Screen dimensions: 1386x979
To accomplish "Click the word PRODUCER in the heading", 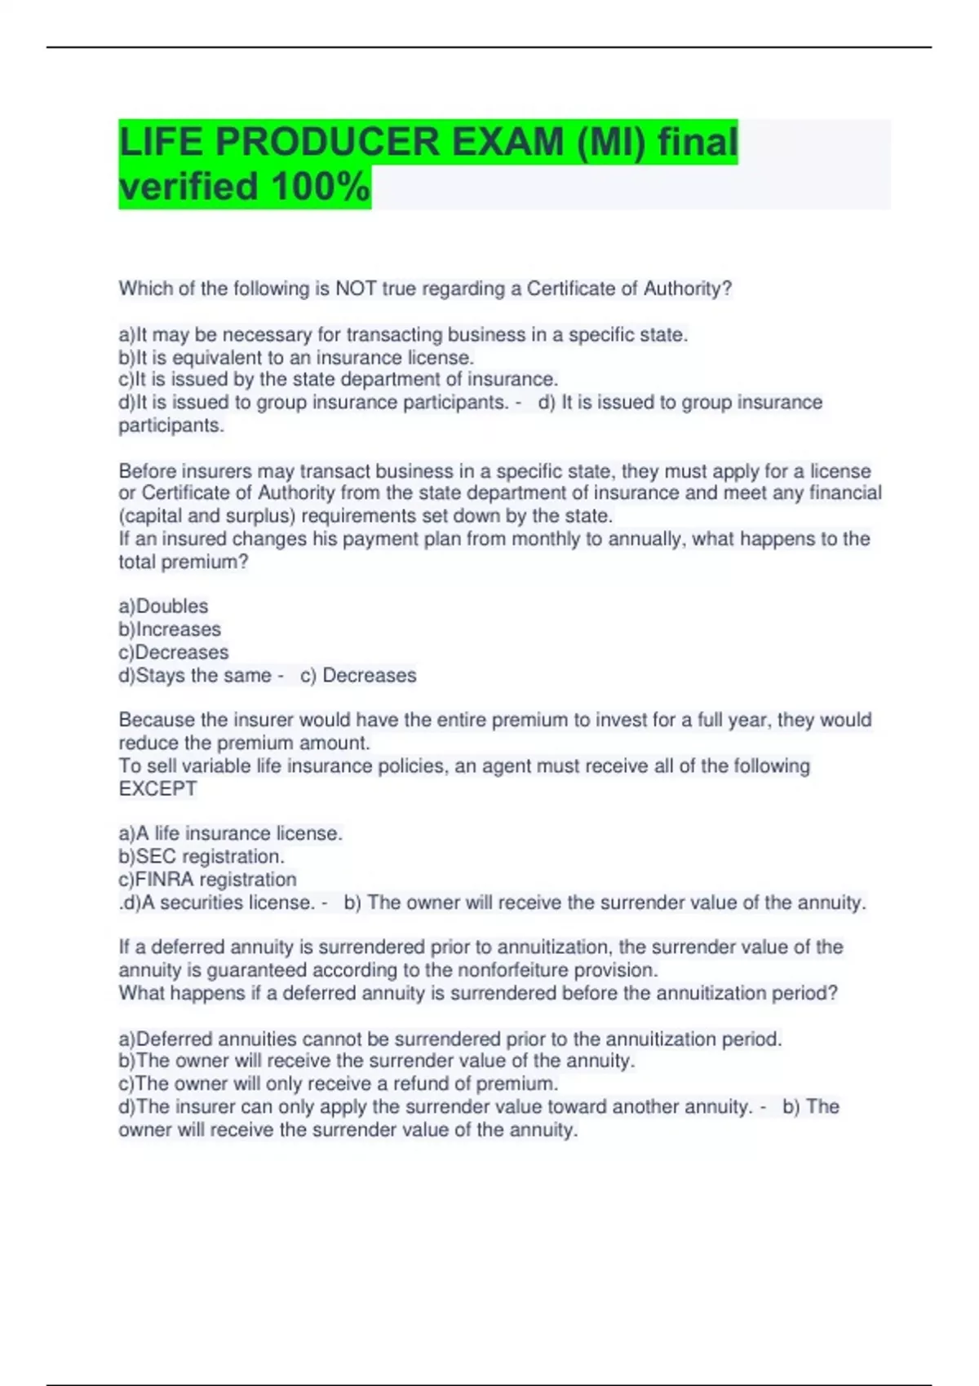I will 327,143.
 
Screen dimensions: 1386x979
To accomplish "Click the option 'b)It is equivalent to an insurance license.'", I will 296,358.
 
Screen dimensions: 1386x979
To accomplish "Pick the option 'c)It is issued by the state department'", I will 338,380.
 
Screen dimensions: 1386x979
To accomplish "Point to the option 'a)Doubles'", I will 163,607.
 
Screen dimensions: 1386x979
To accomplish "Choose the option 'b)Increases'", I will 170,629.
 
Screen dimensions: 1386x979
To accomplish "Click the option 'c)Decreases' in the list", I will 174,652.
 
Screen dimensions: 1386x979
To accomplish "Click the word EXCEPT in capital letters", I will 157,789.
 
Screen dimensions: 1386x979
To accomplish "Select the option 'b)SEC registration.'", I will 202,857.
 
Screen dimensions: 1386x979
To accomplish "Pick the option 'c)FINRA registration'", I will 207,880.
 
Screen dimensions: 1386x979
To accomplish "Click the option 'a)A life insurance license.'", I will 230,834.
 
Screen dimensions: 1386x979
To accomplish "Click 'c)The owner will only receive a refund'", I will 338,1084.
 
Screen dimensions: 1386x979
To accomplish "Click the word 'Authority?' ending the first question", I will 687,289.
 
